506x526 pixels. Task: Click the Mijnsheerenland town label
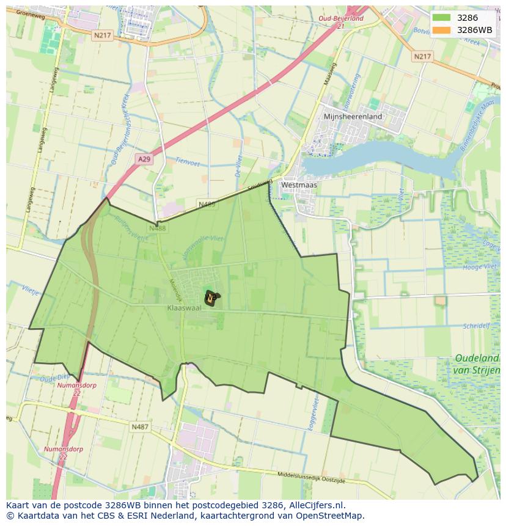pyautogui.click(x=353, y=116)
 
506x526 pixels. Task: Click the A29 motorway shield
pyautogui.click(x=144, y=159)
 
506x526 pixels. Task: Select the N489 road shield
pyautogui.click(x=207, y=204)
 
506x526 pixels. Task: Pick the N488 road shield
pyautogui.click(x=157, y=228)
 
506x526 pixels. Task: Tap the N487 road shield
pyautogui.click(x=139, y=427)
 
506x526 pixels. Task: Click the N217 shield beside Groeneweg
pyautogui.click(x=102, y=35)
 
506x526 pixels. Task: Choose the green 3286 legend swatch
pyautogui.click(x=441, y=18)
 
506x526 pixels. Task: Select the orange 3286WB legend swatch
pyautogui.click(x=441, y=30)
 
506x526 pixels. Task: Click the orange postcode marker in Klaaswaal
pyautogui.click(x=211, y=298)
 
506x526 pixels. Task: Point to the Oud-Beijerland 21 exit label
pyautogui.click(x=341, y=22)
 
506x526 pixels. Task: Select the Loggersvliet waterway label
pyautogui.click(x=313, y=417)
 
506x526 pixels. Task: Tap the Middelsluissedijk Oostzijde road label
pyautogui.click(x=311, y=477)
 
